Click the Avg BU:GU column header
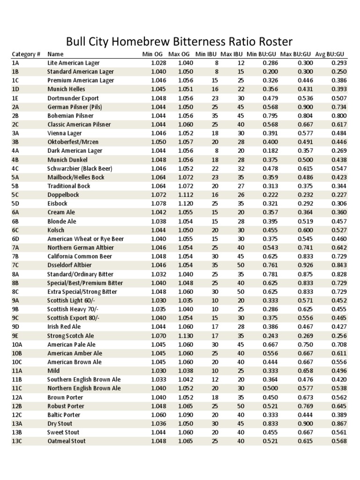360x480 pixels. point(331,54)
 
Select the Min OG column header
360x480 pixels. point(152,54)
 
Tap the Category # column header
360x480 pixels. point(26,54)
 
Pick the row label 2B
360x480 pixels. point(15,115)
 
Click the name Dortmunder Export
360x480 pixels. point(73,98)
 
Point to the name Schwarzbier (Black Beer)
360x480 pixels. point(79,168)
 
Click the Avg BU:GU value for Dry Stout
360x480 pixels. point(339,423)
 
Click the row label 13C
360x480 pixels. point(17,441)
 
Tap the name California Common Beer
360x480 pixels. point(80,256)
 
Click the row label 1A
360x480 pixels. point(15,63)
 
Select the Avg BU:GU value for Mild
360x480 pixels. point(339,371)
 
